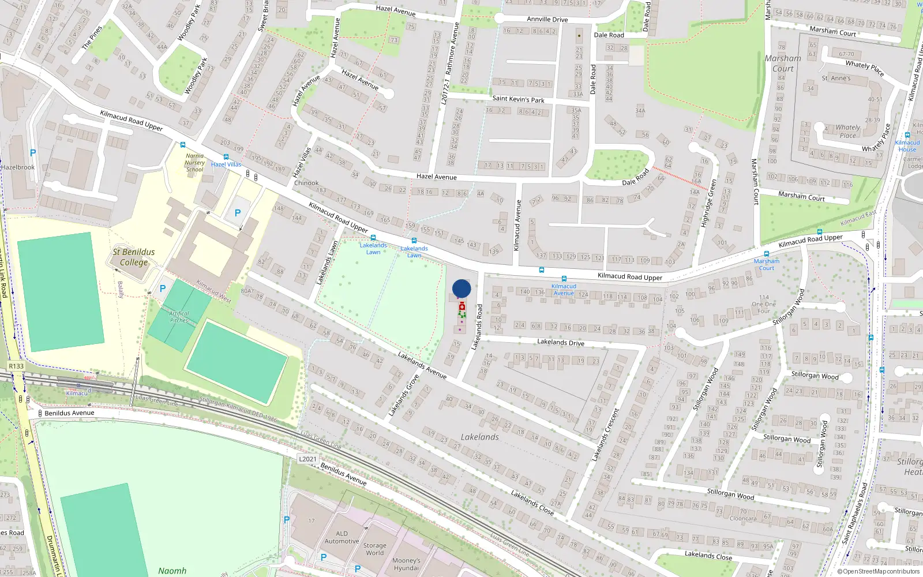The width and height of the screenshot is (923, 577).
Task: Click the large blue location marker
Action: [461, 288]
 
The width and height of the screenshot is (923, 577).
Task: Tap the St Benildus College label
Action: [134, 257]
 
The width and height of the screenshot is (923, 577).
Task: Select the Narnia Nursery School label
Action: [195, 163]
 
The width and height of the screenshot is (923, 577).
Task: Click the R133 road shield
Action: [16, 366]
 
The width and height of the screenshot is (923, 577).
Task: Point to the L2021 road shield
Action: [307, 459]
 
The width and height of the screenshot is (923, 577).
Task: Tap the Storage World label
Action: [374, 549]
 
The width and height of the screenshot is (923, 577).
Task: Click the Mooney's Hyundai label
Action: [406, 564]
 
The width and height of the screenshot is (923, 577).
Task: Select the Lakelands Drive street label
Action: [561, 342]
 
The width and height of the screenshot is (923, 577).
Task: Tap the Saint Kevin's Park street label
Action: [518, 99]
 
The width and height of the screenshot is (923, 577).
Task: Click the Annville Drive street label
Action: [547, 19]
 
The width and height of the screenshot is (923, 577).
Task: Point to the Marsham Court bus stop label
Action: [766, 264]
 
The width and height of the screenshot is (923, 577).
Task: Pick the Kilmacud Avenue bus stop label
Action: [564, 290]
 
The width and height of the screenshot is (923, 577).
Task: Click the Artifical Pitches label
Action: [179, 317]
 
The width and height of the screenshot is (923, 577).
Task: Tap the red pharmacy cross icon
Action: [462, 307]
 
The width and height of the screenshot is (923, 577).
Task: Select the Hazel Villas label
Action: [226, 164]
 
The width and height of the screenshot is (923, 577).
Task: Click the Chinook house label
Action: [306, 183]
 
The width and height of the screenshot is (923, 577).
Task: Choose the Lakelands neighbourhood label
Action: [480, 437]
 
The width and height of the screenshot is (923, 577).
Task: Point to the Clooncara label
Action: [743, 518]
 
